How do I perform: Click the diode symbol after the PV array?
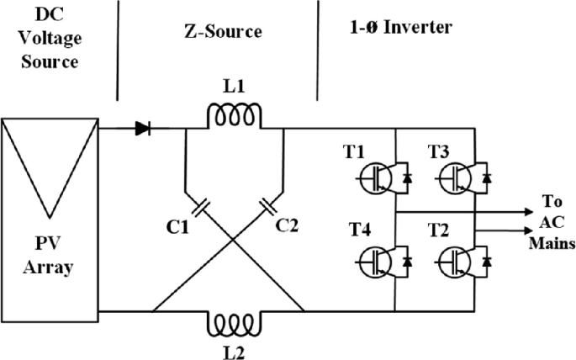pos(143,130)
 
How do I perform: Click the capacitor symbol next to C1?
pos(201,207)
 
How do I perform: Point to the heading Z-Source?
pos(224,32)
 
